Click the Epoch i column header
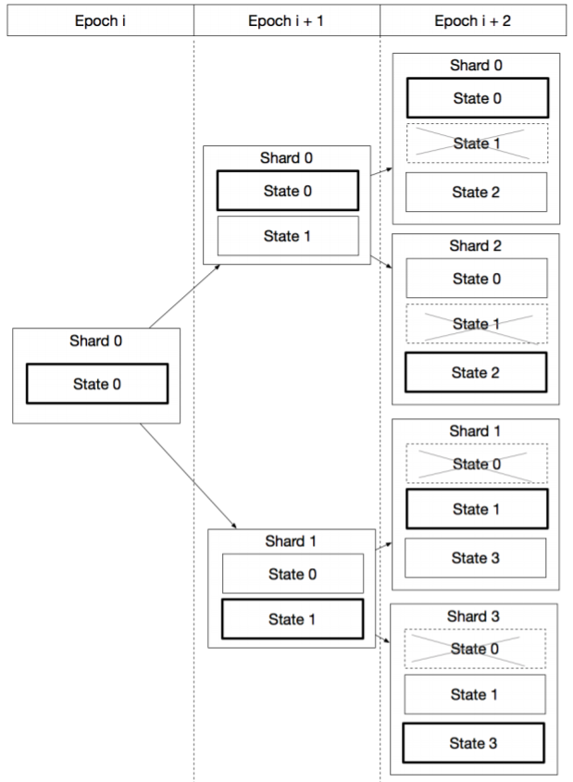point(99,19)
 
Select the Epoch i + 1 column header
point(286,19)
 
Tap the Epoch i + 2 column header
point(474,19)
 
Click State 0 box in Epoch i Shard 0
point(97,384)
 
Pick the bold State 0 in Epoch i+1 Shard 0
point(287,191)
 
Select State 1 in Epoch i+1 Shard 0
point(287,236)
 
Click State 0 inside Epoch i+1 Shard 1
point(292,574)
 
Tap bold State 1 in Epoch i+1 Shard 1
point(292,619)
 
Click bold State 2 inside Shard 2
point(476,373)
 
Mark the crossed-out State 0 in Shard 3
point(474,649)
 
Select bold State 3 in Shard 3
point(474,743)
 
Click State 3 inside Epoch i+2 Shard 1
point(476,557)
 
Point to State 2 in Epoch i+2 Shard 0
point(476,192)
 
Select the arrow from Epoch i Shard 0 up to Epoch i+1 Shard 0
point(184,296)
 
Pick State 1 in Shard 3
point(474,694)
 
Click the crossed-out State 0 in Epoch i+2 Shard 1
point(476,464)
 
